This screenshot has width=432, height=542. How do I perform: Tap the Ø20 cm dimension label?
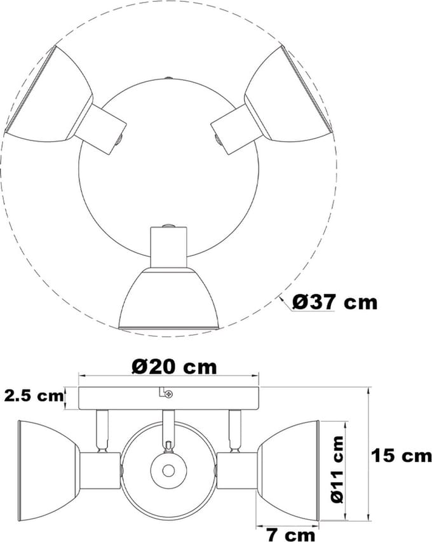pos(174,367)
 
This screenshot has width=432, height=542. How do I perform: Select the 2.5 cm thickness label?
pos(34,396)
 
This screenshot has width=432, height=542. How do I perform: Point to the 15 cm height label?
pos(402,455)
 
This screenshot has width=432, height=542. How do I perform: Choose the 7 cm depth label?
pos(292,535)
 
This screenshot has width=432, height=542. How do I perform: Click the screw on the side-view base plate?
pos(169,394)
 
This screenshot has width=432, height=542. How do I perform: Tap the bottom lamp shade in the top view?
pos(168,298)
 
